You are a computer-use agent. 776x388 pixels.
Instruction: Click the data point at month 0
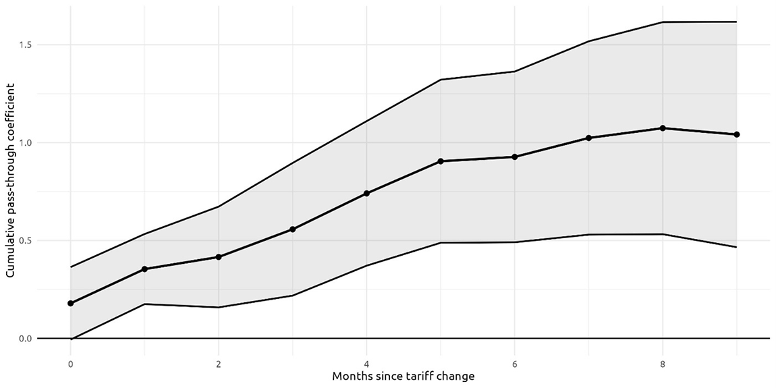(71, 303)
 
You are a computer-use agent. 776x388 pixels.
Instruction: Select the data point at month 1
(144, 269)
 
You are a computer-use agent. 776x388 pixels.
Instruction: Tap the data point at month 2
(219, 257)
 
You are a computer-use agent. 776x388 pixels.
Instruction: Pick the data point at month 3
(293, 229)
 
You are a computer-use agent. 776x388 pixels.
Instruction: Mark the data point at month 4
(366, 194)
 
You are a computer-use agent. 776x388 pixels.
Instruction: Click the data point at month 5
(441, 161)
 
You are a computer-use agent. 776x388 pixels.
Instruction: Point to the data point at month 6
(515, 157)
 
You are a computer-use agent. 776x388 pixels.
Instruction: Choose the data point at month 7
(588, 138)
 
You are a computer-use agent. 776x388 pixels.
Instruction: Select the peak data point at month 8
(663, 128)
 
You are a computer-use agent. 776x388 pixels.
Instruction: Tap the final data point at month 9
(737, 134)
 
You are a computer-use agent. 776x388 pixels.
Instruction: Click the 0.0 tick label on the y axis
(27, 338)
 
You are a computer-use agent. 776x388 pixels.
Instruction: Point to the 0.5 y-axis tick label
(27, 240)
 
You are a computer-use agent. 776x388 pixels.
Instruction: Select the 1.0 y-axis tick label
(27, 142)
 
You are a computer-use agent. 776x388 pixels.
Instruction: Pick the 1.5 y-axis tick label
(27, 45)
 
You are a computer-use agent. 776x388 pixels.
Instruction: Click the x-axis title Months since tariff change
(403, 376)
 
